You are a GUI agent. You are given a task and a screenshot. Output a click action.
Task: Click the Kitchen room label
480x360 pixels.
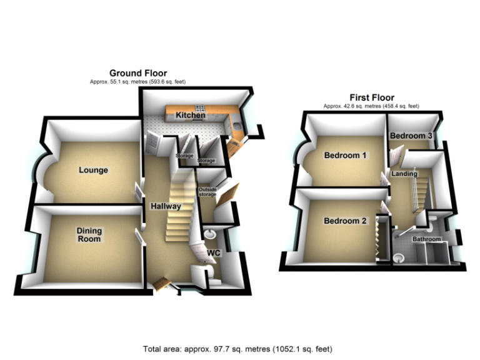(190, 116)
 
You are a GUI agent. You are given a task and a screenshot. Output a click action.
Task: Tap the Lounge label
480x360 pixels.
(93, 170)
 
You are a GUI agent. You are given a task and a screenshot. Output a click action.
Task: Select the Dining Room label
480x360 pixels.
(89, 234)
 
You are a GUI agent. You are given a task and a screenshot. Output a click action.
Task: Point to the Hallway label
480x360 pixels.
(165, 206)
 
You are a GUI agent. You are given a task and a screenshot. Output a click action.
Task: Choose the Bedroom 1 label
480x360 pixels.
(345, 156)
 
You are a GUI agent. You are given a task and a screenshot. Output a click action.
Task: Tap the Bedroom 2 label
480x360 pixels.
(345, 221)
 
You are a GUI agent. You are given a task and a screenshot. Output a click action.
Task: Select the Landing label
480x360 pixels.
(404, 173)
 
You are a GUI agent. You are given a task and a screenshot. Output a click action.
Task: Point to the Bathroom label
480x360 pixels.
(426, 239)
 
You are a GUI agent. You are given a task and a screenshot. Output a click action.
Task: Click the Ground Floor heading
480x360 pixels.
(138, 74)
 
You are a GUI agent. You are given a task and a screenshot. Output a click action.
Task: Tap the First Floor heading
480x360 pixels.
(371, 97)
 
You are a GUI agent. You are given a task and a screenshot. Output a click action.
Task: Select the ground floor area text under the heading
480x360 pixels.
(138, 82)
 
